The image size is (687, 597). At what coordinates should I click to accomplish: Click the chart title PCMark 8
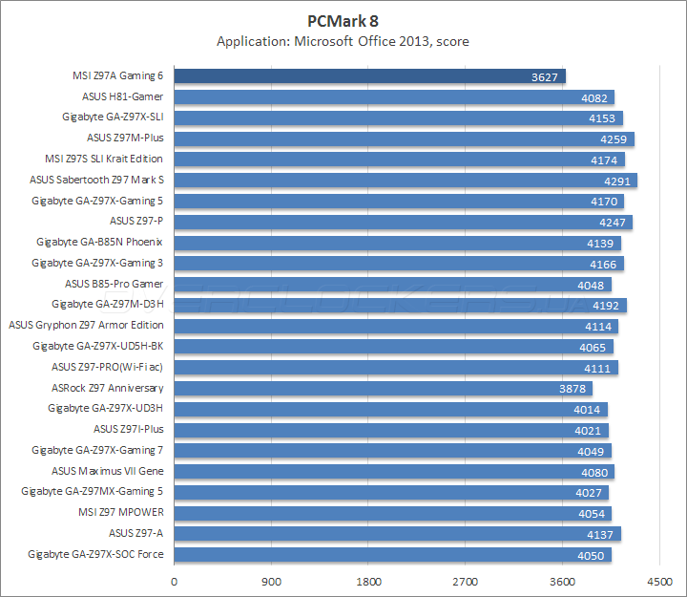coord(343,20)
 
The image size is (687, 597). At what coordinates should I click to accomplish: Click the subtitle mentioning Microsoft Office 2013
coord(343,41)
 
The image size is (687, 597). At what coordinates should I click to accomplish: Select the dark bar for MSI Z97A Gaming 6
coord(369,76)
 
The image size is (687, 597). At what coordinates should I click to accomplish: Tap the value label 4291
coord(619,181)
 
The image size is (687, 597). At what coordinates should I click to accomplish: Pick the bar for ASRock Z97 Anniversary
coord(383,388)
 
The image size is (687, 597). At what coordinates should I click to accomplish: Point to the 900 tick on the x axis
coord(271,581)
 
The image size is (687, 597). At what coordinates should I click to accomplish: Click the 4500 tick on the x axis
coord(658,581)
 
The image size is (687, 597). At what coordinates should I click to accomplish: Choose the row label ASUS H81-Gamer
coord(122,96)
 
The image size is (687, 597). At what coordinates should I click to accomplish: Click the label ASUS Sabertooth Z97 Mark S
coord(96,180)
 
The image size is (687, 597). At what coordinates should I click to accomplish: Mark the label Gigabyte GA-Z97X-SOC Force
coord(95,554)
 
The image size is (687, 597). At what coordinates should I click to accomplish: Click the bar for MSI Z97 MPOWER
coord(392,513)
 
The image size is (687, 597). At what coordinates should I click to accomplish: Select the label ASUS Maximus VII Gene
coord(107,471)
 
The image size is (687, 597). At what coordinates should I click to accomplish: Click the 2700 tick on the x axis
coord(465,581)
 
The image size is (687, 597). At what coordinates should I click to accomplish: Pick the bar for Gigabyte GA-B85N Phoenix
coord(397,243)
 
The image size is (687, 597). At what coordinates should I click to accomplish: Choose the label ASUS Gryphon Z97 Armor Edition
coord(86,325)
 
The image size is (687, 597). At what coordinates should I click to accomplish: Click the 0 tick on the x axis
coord(174,581)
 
